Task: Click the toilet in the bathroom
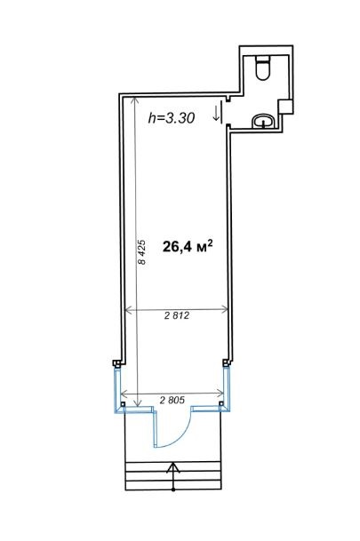point(262,68)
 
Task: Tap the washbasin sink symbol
point(263,121)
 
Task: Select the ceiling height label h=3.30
point(172,118)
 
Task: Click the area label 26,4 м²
point(188,246)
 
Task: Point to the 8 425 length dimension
point(141,252)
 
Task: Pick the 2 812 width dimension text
point(177,315)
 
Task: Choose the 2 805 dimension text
point(172,400)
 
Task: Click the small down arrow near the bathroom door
point(216,114)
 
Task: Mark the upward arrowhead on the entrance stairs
point(173,467)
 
